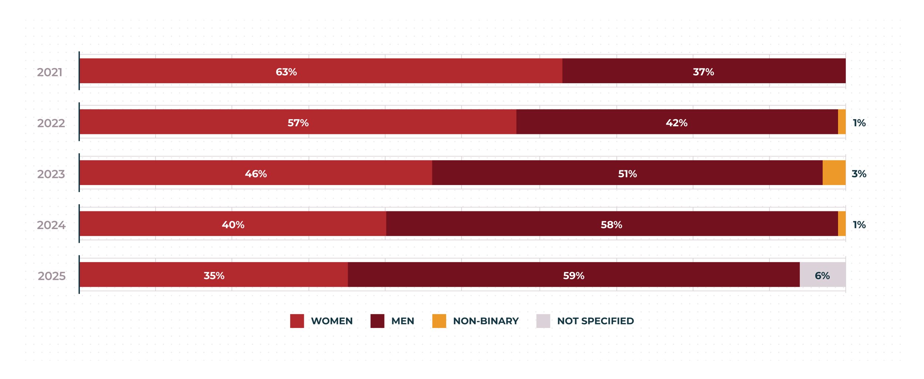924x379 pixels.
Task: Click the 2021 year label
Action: click(50, 72)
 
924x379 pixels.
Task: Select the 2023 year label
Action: click(51, 174)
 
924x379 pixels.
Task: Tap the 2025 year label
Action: click(52, 276)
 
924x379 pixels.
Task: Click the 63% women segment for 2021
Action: click(321, 71)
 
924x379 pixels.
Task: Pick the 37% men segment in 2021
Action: click(704, 71)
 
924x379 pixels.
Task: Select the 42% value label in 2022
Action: click(677, 123)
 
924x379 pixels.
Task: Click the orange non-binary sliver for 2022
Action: click(842, 122)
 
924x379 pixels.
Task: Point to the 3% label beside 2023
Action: click(859, 174)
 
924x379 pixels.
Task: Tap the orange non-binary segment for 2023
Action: click(834, 172)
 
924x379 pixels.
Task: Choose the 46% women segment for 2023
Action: click(256, 172)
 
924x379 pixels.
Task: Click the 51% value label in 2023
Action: click(628, 174)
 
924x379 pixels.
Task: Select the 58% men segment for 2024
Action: click(612, 224)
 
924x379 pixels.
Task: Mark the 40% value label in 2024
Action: click(233, 225)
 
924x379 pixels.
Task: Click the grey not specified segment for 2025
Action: click(822, 275)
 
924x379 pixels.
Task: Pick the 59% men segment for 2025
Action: click(574, 275)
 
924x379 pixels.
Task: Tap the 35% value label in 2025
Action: click(214, 276)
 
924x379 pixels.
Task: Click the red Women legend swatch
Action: click(297, 321)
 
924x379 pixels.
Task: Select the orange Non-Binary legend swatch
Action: click(439, 321)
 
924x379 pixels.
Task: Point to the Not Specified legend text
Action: click(595, 321)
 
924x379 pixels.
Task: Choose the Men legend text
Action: click(402, 321)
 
